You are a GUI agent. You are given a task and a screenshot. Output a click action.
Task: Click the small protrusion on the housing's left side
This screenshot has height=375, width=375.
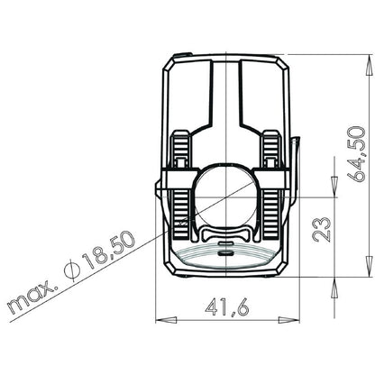pyautogui.click(x=159, y=190)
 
